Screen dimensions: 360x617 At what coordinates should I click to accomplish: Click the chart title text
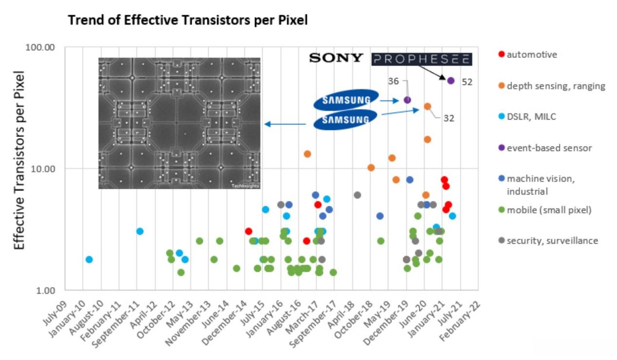188,20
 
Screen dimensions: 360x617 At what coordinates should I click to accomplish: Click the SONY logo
336,58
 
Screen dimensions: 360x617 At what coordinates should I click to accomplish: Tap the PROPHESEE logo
421,59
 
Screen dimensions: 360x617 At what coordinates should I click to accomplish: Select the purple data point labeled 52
451,81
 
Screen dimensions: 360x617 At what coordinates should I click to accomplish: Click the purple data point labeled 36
407,100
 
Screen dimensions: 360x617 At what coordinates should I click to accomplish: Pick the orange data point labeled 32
427,107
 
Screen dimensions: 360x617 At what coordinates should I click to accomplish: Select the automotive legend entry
531,54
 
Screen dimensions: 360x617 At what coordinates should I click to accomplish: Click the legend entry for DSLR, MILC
531,117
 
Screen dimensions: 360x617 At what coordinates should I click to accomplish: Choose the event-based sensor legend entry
549,148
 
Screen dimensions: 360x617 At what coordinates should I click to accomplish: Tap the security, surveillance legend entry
552,241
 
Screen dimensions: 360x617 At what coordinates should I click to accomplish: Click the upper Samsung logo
345,100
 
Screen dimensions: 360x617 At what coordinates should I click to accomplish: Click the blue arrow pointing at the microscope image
285,124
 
